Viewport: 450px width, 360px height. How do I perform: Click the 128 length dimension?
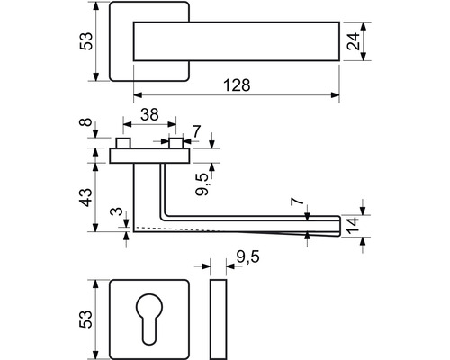click(237, 85)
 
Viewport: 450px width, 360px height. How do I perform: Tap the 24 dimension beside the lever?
click(353, 41)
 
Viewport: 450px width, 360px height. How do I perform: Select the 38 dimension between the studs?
click(149, 114)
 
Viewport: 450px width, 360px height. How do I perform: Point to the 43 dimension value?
click(86, 197)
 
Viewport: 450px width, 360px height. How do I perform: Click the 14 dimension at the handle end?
click(353, 226)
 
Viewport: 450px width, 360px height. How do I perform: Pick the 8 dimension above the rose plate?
click(86, 122)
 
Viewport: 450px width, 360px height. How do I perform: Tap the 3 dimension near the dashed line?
click(117, 211)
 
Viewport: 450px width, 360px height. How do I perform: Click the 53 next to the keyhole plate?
click(85, 319)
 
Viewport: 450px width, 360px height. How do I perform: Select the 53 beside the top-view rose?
click(86, 41)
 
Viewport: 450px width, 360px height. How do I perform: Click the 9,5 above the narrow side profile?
click(247, 257)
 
